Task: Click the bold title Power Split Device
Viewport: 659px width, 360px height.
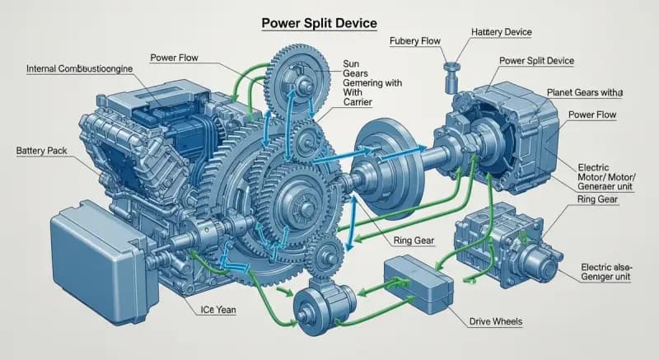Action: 320,23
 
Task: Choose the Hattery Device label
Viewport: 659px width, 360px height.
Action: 502,31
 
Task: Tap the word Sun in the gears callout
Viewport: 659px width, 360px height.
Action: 352,62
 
